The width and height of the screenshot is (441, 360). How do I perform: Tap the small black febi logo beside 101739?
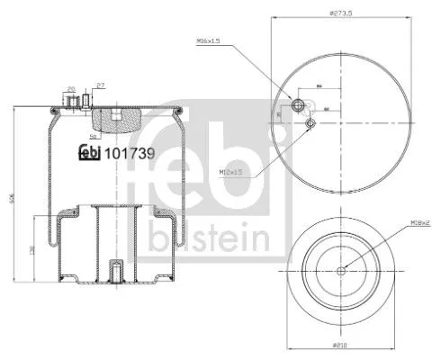(x=90, y=152)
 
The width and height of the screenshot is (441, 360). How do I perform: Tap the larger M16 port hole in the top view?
(x=293, y=101)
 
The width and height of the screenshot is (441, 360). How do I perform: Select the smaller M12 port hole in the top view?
(x=310, y=123)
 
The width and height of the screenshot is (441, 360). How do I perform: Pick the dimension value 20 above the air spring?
(x=70, y=88)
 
